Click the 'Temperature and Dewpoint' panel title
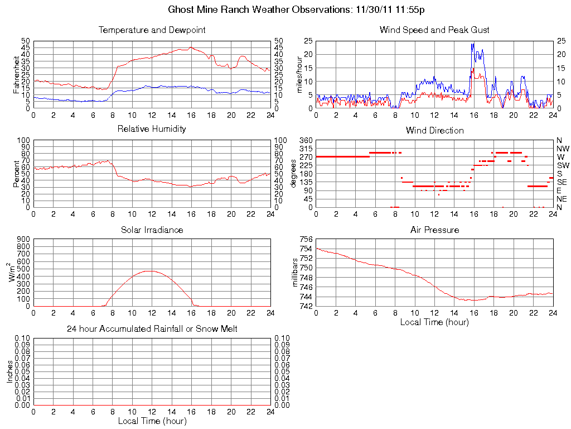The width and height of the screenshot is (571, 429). point(152,30)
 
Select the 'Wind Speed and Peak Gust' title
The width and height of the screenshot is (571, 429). point(434,30)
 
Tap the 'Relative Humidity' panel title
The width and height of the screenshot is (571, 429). point(152,129)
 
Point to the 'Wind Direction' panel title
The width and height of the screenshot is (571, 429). point(434,131)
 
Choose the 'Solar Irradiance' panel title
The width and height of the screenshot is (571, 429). point(152,230)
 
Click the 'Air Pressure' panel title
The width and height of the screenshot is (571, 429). point(434,230)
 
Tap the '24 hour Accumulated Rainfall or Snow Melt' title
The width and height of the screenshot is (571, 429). point(152,329)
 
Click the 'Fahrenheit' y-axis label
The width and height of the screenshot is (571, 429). point(16,74)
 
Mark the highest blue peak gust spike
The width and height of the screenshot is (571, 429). point(472,44)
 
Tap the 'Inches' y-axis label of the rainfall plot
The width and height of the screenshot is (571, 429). point(10,371)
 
